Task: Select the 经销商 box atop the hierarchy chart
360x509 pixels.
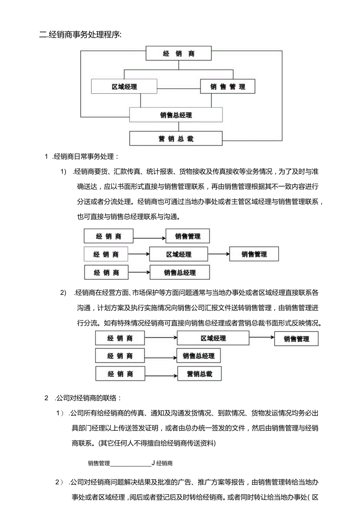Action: (x=178, y=54)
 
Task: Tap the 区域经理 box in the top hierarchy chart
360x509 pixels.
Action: (x=124, y=86)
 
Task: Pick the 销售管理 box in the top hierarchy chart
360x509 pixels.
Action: (x=227, y=86)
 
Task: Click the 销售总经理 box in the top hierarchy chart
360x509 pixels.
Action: (x=176, y=115)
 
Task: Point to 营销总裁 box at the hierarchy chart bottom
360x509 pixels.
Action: (x=176, y=138)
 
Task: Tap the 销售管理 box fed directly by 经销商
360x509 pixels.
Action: (x=187, y=236)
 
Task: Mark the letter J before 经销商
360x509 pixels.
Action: (x=154, y=463)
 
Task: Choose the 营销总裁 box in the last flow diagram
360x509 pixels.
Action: (x=200, y=374)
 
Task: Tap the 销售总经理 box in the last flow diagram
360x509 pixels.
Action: (x=198, y=356)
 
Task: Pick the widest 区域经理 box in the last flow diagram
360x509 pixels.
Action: (x=213, y=338)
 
